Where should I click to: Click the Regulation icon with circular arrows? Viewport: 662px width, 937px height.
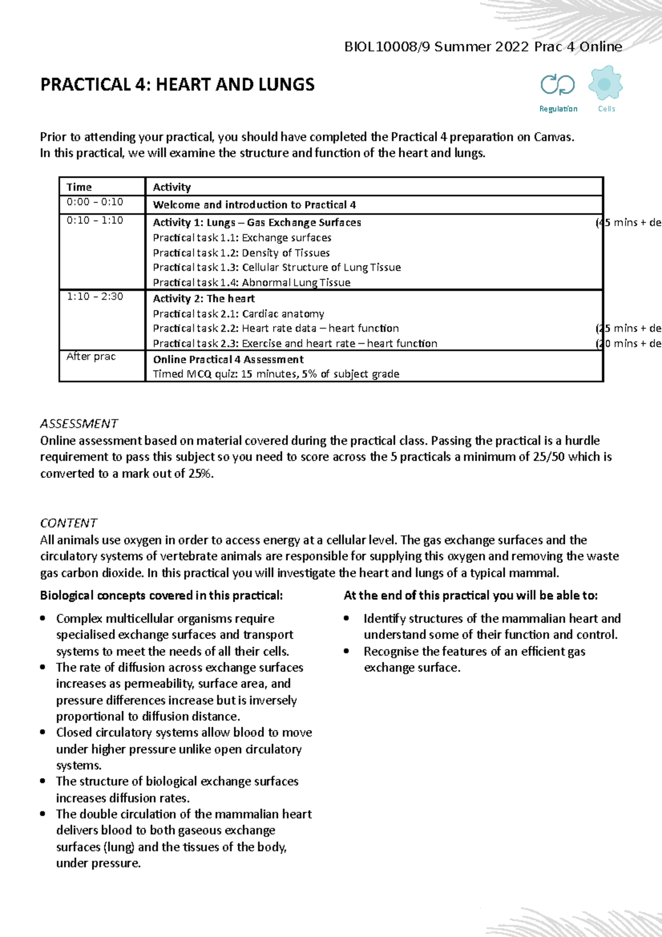pos(558,85)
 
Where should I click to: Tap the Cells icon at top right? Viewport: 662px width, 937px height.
pos(605,84)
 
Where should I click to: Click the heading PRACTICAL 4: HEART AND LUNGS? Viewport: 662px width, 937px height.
pos(177,84)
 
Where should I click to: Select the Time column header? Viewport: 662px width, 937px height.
pos(79,187)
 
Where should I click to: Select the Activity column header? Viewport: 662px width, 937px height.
pos(172,187)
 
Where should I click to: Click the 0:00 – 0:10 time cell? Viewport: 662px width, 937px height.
pos(95,202)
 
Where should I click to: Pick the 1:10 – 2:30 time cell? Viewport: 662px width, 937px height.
pos(95,296)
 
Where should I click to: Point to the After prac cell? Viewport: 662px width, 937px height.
pos(91,356)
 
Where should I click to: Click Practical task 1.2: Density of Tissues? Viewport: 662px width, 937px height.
pos(241,253)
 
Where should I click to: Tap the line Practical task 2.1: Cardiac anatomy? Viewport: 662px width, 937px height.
pos(238,313)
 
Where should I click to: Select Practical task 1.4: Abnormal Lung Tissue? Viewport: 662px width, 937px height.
pos(252,283)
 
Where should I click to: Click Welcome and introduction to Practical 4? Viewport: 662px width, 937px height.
pos(254,205)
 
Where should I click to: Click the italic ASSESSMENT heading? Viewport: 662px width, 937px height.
pos(79,423)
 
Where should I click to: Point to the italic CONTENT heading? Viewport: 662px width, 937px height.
pos(68,523)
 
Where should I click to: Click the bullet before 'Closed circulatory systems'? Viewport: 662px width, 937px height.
pos(43,732)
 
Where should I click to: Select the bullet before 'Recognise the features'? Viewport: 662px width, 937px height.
pos(346,651)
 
